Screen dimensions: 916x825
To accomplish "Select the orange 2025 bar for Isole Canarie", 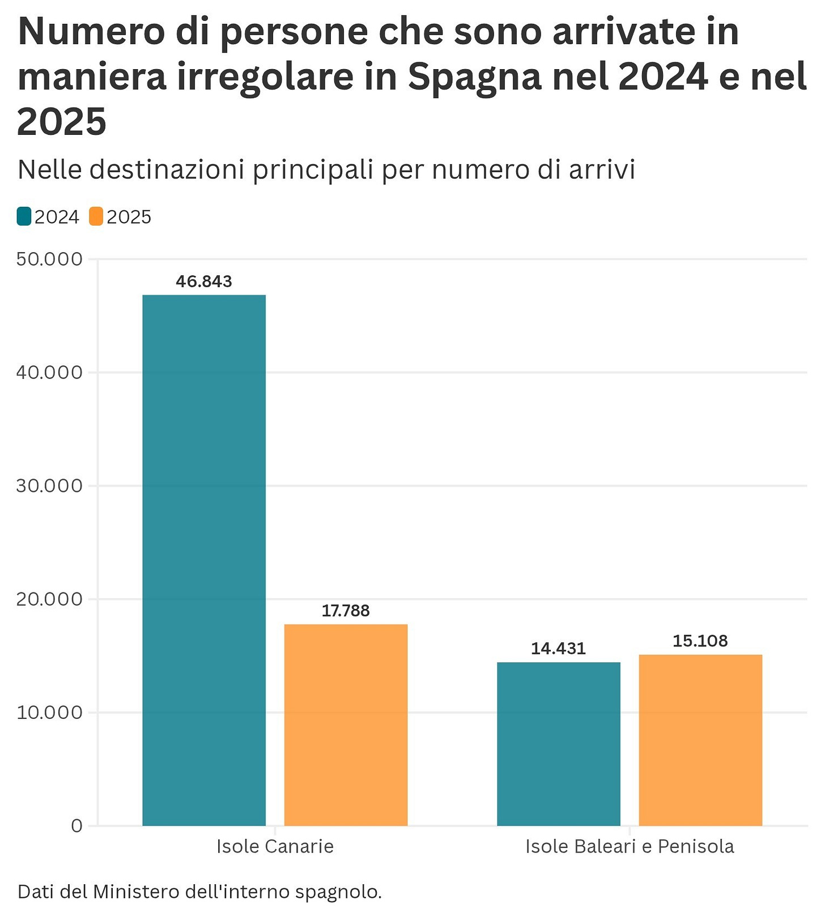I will [346, 725].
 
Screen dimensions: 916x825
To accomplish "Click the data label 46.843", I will [204, 282].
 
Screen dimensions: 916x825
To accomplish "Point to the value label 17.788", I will [346, 611].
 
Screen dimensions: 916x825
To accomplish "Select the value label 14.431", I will [559, 649].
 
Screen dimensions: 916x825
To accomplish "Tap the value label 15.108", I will [700, 641].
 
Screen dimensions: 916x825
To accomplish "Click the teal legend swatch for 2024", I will [24, 216].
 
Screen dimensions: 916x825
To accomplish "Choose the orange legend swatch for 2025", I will [96, 216].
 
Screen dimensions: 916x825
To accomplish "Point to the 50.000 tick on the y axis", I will [49, 259].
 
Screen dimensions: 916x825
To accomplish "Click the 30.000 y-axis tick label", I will [49, 485].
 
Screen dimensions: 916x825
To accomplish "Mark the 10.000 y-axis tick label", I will [49, 712].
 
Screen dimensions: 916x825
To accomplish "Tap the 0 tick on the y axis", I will [77, 825].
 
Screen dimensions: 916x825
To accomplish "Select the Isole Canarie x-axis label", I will [275, 846].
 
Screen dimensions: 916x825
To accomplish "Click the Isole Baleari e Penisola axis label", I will [630, 846].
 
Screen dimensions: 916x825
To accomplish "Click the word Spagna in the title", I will [475, 77].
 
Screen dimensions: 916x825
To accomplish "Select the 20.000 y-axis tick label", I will [49, 599].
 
